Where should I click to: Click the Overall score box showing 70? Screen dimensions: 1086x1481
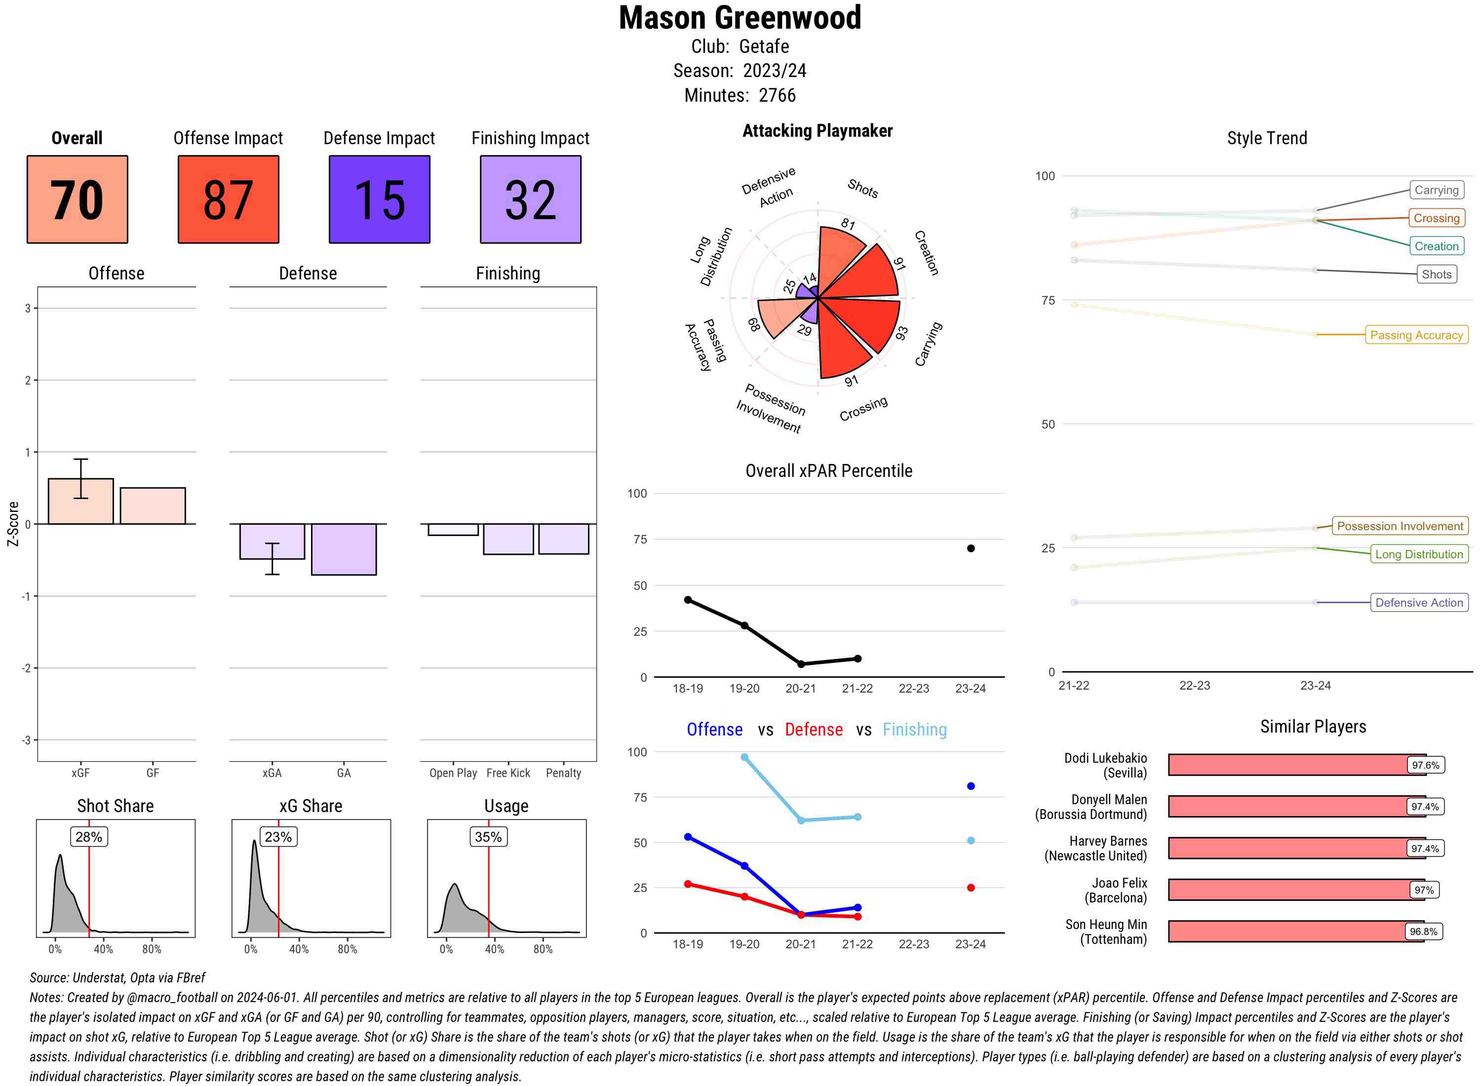(x=77, y=199)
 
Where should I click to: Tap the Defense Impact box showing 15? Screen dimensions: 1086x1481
(x=379, y=199)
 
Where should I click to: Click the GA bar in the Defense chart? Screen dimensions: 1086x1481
(x=344, y=549)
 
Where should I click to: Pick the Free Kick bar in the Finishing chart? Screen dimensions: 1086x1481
(x=508, y=539)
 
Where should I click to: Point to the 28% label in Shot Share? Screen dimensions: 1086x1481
(x=89, y=837)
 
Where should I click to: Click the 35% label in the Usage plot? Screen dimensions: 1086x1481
(x=488, y=837)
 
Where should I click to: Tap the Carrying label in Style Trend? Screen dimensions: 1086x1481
(x=1436, y=190)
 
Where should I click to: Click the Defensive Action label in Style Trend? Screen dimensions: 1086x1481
(x=1419, y=602)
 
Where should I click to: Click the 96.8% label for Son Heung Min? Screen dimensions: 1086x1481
(x=1423, y=931)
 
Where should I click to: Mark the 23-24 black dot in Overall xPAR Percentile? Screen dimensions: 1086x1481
(x=971, y=548)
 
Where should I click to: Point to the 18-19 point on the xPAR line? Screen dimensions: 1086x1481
(x=688, y=600)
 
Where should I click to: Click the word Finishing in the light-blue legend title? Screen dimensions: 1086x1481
(x=914, y=730)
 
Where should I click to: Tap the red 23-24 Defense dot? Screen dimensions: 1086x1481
(x=971, y=888)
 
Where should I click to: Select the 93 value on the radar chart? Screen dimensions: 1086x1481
(x=901, y=333)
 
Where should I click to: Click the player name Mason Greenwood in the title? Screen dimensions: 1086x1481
(x=740, y=18)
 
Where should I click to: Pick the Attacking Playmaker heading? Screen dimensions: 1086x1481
(x=817, y=131)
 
